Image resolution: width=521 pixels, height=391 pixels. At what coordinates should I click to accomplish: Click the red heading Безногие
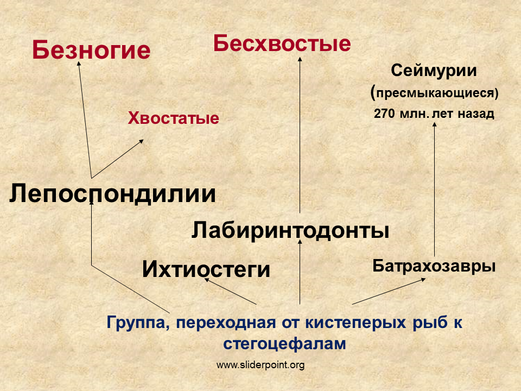click(91, 50)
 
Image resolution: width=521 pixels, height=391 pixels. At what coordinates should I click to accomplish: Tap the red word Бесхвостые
click(282, 43)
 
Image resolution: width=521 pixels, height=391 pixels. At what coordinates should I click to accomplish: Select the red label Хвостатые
click(174, 118)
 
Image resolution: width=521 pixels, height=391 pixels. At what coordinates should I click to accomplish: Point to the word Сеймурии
click(434, 71)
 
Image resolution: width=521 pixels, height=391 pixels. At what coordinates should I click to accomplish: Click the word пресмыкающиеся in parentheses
click(435, 93)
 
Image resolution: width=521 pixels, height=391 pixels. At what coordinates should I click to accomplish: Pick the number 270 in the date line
click(384, 113)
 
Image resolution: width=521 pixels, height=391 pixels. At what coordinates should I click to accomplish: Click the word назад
click(476, 113)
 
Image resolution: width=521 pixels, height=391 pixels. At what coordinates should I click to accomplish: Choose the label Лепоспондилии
click(113, 193)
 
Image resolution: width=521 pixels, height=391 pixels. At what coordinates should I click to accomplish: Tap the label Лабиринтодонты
click(290, 230)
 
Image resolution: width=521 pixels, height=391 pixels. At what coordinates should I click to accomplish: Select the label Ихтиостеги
click(206, 269)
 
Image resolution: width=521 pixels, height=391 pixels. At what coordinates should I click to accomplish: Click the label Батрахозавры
click(434, 266)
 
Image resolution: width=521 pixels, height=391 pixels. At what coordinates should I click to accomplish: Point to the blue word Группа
click(138, 323)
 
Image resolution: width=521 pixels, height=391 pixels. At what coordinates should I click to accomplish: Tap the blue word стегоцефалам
click(284, 343)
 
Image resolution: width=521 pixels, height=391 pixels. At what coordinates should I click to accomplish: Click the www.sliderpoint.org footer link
click(260, 365)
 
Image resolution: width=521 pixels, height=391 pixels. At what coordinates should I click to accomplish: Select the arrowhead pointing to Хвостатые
click(141, 141)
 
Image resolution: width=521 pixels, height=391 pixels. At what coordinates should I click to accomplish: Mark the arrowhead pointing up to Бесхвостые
click(300, 59)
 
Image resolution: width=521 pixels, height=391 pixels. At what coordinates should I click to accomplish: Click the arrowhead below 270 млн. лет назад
click(434, 124)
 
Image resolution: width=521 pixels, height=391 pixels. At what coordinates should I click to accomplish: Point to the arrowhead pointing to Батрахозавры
click(423, 280)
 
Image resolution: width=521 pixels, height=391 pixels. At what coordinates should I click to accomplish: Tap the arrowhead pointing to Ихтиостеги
click(207, 280)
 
